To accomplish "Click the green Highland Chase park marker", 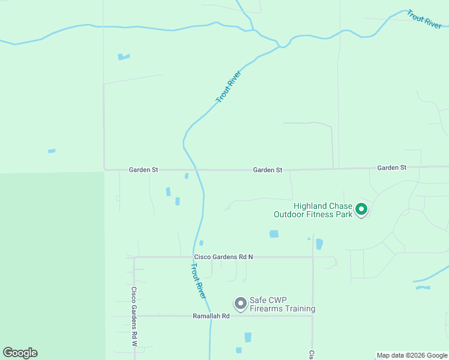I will [x=361, y=209].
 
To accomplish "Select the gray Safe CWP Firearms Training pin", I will [x=240, y=304].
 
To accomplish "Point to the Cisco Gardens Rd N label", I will [x=223, y=257].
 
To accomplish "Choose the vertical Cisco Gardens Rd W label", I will [x=134, y=316].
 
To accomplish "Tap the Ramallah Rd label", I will [x=211, y=316].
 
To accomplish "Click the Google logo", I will [x=20, y=353].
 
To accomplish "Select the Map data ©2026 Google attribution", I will [x=412, y=355].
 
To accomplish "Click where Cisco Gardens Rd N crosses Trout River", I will [x=193, y=257].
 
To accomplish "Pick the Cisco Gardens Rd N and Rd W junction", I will [x=134, y=257].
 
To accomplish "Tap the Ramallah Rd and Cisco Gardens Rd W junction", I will [x=134, y=316].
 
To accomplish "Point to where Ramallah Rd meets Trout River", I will [x=210, y=316].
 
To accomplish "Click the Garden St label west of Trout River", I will [x=143, y=170].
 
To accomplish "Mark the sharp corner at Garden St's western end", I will [x=104, y=169].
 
